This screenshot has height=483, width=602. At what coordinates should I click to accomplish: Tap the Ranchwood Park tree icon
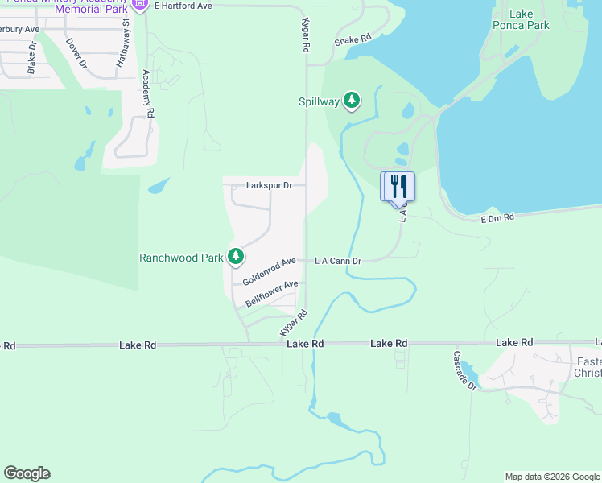click(235, 258)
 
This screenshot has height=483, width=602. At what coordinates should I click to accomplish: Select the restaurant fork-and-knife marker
click(398, 187)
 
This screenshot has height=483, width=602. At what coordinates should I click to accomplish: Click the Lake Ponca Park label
click(522, 19)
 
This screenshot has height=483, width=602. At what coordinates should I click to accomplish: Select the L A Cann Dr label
click(337, 261)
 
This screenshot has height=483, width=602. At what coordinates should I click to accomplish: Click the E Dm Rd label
click(497, 217)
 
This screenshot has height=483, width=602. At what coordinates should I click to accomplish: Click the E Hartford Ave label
click(183, 6)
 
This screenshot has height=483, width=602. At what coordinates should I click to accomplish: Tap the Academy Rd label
click(149, 94)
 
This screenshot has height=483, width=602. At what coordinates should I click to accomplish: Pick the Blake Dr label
click(32, 58)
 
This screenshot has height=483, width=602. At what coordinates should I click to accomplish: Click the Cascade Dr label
click(464, 369)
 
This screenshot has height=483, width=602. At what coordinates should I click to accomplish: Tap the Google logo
click(27, 473)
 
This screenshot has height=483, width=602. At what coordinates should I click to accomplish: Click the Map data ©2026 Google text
click(552, 477)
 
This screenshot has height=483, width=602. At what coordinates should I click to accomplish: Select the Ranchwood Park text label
click(181, 258)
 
